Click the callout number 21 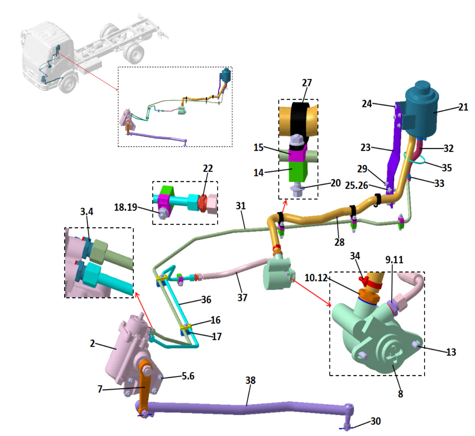463,107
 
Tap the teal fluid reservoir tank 421,109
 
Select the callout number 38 250,380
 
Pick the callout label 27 307,83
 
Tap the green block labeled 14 298,172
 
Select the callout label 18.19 126,207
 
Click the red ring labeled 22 202,203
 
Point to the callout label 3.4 87,212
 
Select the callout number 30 375,421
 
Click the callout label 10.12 316,278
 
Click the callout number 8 400,394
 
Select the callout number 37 242,297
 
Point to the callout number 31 241,206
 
